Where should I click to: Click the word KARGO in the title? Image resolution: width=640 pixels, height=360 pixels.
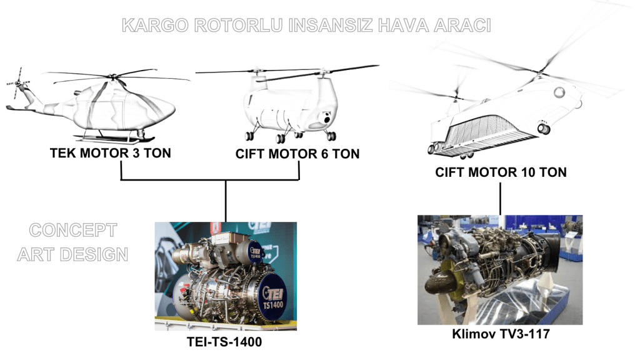click(x=155, y=25)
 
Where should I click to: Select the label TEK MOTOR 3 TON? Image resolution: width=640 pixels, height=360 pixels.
click(x=110, y=153)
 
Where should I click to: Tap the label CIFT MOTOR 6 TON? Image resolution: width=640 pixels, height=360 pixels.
click(x=297, y=154)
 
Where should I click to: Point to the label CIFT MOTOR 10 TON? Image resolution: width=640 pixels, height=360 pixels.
click(x=501, y=172)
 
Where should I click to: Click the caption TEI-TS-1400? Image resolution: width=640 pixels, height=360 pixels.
click(x=224, y=342)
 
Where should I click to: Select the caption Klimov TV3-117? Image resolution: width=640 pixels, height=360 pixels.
click(x=501, y=334)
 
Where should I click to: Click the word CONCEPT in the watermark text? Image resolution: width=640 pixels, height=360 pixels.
click(x=73, y=230)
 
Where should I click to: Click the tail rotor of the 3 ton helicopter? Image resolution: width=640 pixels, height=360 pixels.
click(x=18, y=83)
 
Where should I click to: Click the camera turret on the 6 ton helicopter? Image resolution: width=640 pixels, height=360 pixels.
click(x=326, y=118)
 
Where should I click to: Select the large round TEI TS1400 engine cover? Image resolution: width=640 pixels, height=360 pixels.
click(x=272, y=297)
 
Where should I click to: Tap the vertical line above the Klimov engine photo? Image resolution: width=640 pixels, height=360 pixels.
click(x=501, y=199)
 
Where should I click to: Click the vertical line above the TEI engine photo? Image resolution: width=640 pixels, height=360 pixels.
click(x=226, y=201)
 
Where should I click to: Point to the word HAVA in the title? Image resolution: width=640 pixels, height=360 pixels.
click(x=402, y=25)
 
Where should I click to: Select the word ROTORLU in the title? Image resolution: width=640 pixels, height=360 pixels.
click(x=238, y=25)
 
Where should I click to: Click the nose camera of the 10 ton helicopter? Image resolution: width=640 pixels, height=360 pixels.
click(x=543, y=129)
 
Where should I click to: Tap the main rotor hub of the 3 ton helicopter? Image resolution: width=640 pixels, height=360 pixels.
click(x=112, y=76)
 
